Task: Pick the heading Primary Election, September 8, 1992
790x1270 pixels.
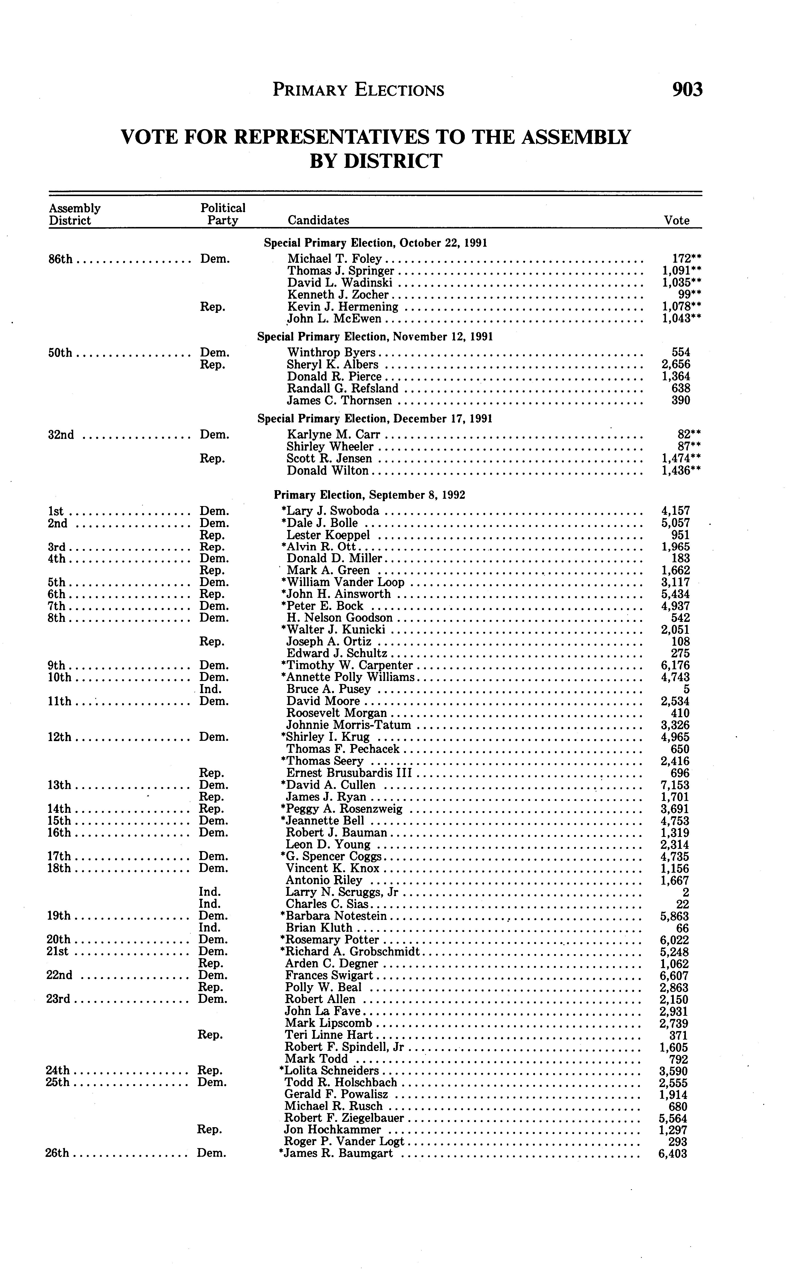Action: [369, 495]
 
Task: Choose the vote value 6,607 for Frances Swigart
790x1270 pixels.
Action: [673, 976]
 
